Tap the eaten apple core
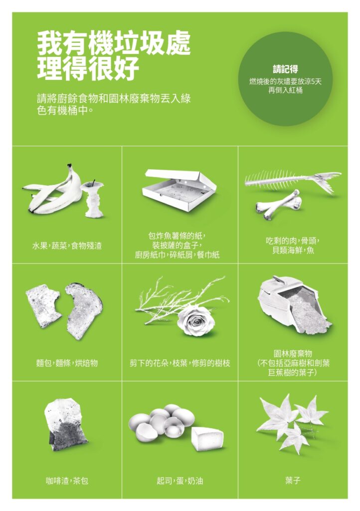92,199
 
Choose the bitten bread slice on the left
44,306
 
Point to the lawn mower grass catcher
293,305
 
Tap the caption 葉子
293,481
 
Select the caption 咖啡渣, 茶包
67,481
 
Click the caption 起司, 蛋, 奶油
180,481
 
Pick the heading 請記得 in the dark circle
286,69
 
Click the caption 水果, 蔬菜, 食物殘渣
67,246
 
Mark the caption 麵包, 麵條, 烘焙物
67,363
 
